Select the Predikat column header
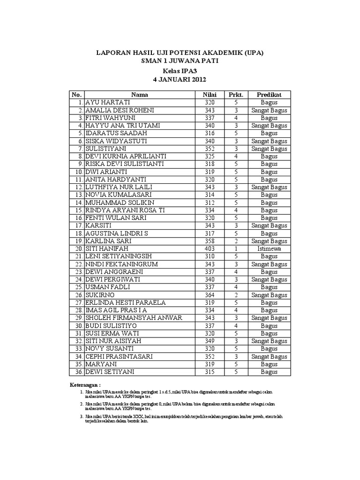pyautogui.click(x=269, y=95)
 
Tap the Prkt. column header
pyautogui.click(x=236, y=95)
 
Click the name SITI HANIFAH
pyautogui.click(x=106, y=248)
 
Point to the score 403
pyautogui.click(x=210, y=248)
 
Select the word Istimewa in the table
pyautogui.click(x=269, y=248)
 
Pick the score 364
pyautogui.click(x=210, y=295)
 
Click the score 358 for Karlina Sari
pyautogui.click(x=210, y=241)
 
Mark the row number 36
pyautogui.click(x=78, y=372)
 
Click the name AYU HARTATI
pyautogui.click(x=107, y=102)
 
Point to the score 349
pyautogui.click(x=210, y=341)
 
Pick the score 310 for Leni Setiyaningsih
pyautogui.click(x=210, y=256)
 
